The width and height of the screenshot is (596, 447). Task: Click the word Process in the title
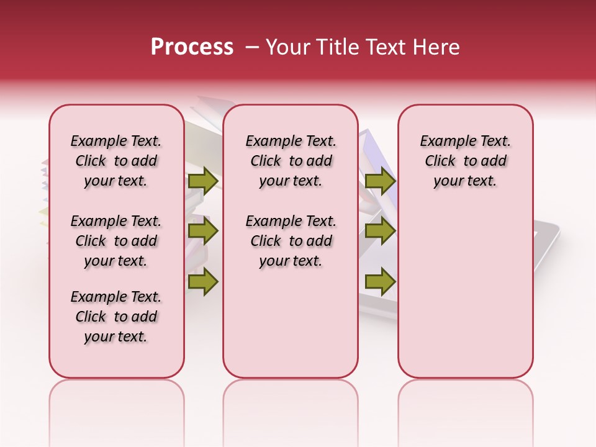tap(192, 47)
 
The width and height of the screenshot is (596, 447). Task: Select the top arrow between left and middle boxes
tap(203, 181)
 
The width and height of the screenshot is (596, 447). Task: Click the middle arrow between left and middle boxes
tap(203, 232)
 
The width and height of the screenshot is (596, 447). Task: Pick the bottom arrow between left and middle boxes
tap(203, 282)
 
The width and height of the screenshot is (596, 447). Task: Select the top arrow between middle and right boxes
tap(380, 181)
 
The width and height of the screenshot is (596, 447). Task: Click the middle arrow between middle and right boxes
tap(380, 232)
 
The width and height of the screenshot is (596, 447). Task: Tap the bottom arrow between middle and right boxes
tap(380, 282)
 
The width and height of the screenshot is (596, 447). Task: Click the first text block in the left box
tap(116, 161)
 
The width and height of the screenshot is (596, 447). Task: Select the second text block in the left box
tap(116, 241)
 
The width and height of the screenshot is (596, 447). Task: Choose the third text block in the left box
tap(116, 317)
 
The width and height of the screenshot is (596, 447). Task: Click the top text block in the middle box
tap(291, 161)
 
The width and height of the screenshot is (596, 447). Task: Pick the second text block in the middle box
tap(291, 241)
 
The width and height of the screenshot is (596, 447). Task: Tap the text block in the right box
tap(466, 161)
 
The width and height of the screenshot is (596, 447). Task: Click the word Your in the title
tap(286, 47)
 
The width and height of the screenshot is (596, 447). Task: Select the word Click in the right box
tap(440, 161)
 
